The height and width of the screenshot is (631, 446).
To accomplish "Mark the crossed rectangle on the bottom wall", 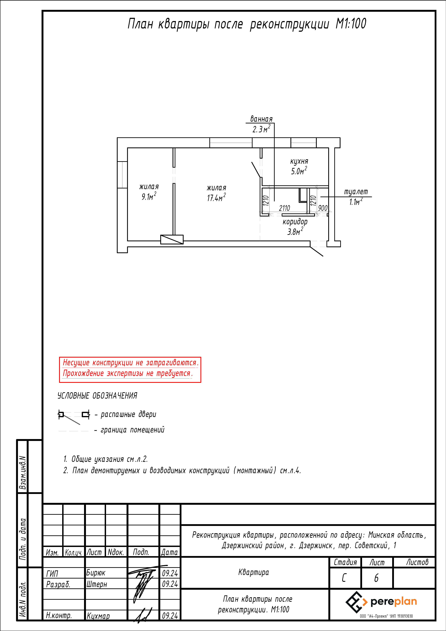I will (x=172, y=239).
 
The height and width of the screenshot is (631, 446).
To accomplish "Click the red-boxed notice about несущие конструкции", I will (x=130, y=370).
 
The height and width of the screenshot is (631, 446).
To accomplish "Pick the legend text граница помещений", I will (x=132, y=430).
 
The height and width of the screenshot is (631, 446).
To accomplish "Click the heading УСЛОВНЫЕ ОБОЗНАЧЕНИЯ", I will (x=97, y=396).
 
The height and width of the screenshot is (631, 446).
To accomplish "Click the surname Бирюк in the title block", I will (x=96, y=573).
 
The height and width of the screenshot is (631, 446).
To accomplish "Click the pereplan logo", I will (x=381, y=602).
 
